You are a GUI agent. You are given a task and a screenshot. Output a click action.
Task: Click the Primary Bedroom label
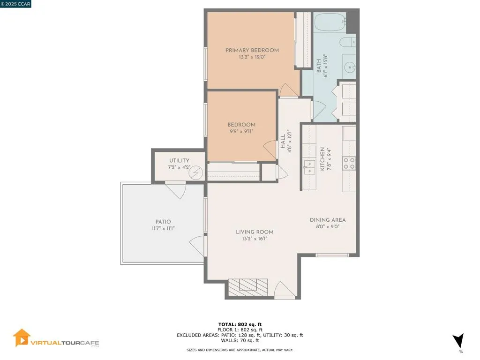click(252, 50)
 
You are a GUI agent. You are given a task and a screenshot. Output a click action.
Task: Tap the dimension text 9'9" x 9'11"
click(241, 131)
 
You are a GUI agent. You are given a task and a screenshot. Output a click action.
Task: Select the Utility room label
click(179, 161)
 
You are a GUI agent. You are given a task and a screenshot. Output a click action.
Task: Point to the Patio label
click(163, 222)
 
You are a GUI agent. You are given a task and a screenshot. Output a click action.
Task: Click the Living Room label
click(255, 232)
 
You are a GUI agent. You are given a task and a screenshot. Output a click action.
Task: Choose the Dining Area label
click(328, 220)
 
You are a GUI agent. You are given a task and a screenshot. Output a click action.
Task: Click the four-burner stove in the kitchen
click(349, 163)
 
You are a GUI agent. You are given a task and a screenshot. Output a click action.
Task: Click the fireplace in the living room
click(248, 286)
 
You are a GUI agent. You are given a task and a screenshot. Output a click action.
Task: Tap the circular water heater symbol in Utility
click(196, 173)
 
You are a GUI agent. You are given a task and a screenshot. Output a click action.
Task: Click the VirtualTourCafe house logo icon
click(22, 337)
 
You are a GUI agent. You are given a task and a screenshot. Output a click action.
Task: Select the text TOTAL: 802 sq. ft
click(240, 324)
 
